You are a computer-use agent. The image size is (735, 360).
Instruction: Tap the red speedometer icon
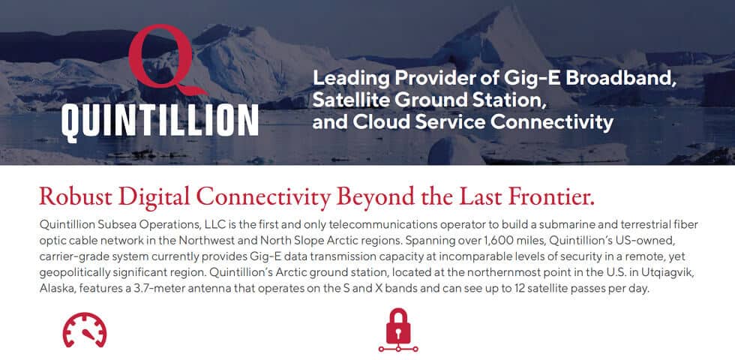pos(84,331)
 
